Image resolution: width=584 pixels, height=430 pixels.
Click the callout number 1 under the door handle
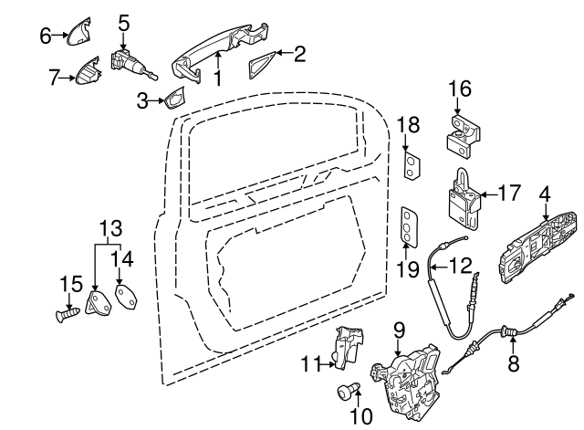(x=217, y=79)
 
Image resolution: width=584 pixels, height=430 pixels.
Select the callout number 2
(x=300, y=54)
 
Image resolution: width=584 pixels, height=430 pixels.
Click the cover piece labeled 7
(x=88, y=73)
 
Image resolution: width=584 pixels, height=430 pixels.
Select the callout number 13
(x=109, y=226)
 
